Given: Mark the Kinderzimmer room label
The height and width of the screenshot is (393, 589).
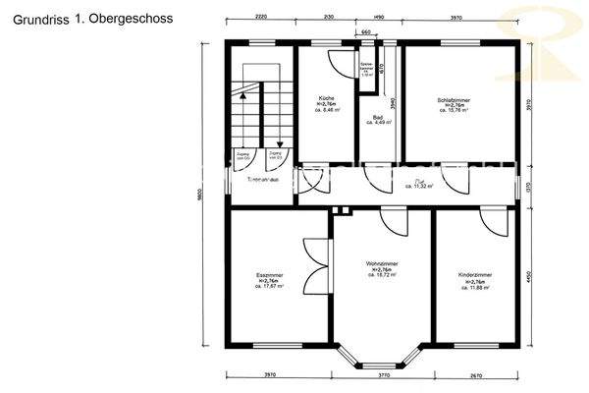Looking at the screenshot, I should click(475, 279).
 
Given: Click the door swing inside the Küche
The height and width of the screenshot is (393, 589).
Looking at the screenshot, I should click(339, 61).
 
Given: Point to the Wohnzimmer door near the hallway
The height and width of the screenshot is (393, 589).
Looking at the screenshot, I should click(393, 220).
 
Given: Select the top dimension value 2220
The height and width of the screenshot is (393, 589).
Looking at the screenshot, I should click(260, 17).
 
